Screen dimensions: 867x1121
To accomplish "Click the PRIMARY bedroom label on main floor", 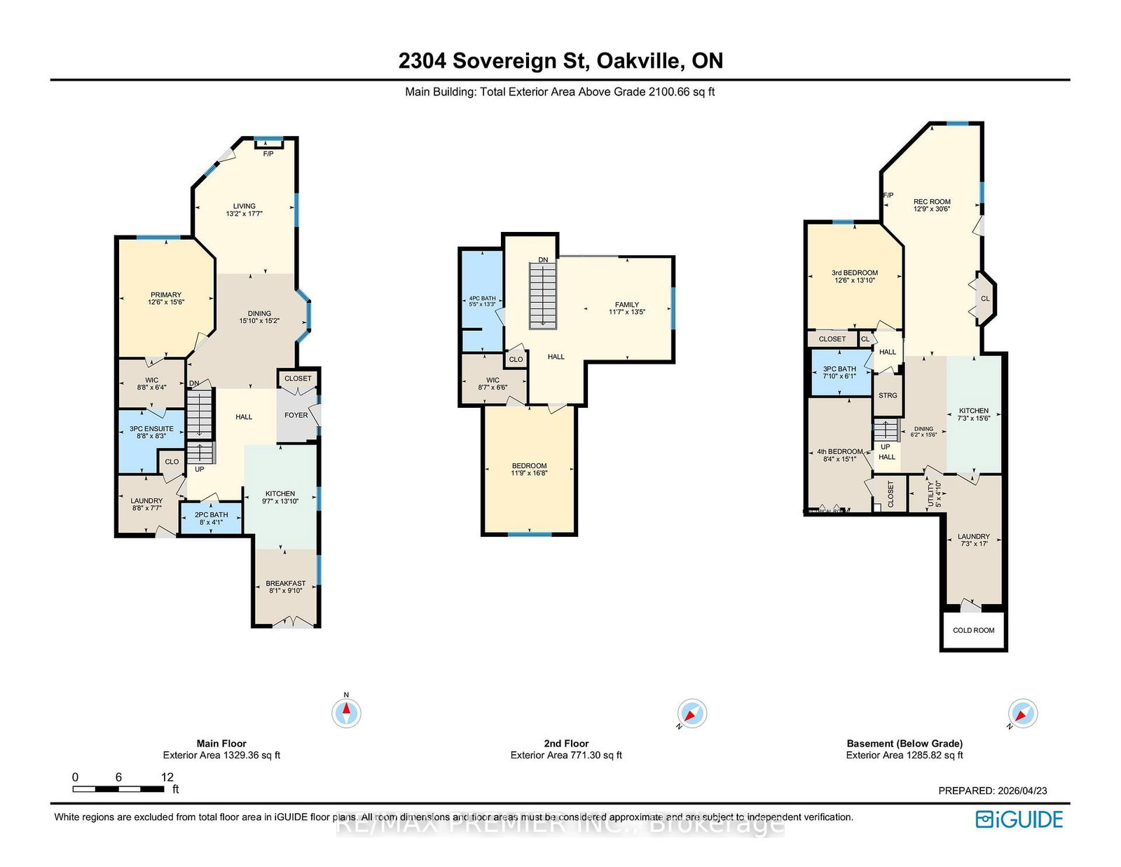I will point(166,295).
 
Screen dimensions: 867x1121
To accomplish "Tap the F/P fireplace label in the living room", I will point(268,153).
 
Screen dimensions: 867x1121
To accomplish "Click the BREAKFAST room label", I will point(286,583).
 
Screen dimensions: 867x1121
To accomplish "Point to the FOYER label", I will point(296,415).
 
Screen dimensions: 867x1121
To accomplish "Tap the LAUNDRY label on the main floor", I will point(146,501).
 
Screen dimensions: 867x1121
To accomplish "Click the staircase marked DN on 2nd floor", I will point(543,295).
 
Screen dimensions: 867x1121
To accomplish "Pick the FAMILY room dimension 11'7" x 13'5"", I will point(627,312).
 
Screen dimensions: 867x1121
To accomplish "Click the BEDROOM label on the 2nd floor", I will point(530,465).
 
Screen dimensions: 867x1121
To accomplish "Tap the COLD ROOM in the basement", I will point(973,630).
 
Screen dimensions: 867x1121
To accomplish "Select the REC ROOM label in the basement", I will point(932,202).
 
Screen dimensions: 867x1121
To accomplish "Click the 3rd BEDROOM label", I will point(855,273).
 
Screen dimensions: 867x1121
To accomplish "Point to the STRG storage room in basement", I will point(888,395).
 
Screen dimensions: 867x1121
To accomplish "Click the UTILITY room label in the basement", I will point(931,494).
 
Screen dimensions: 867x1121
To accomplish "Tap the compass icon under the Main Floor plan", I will point(346,713).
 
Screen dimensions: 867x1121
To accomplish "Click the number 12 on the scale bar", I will point(167,777).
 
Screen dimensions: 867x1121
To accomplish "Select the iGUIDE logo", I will point(1019,819).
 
